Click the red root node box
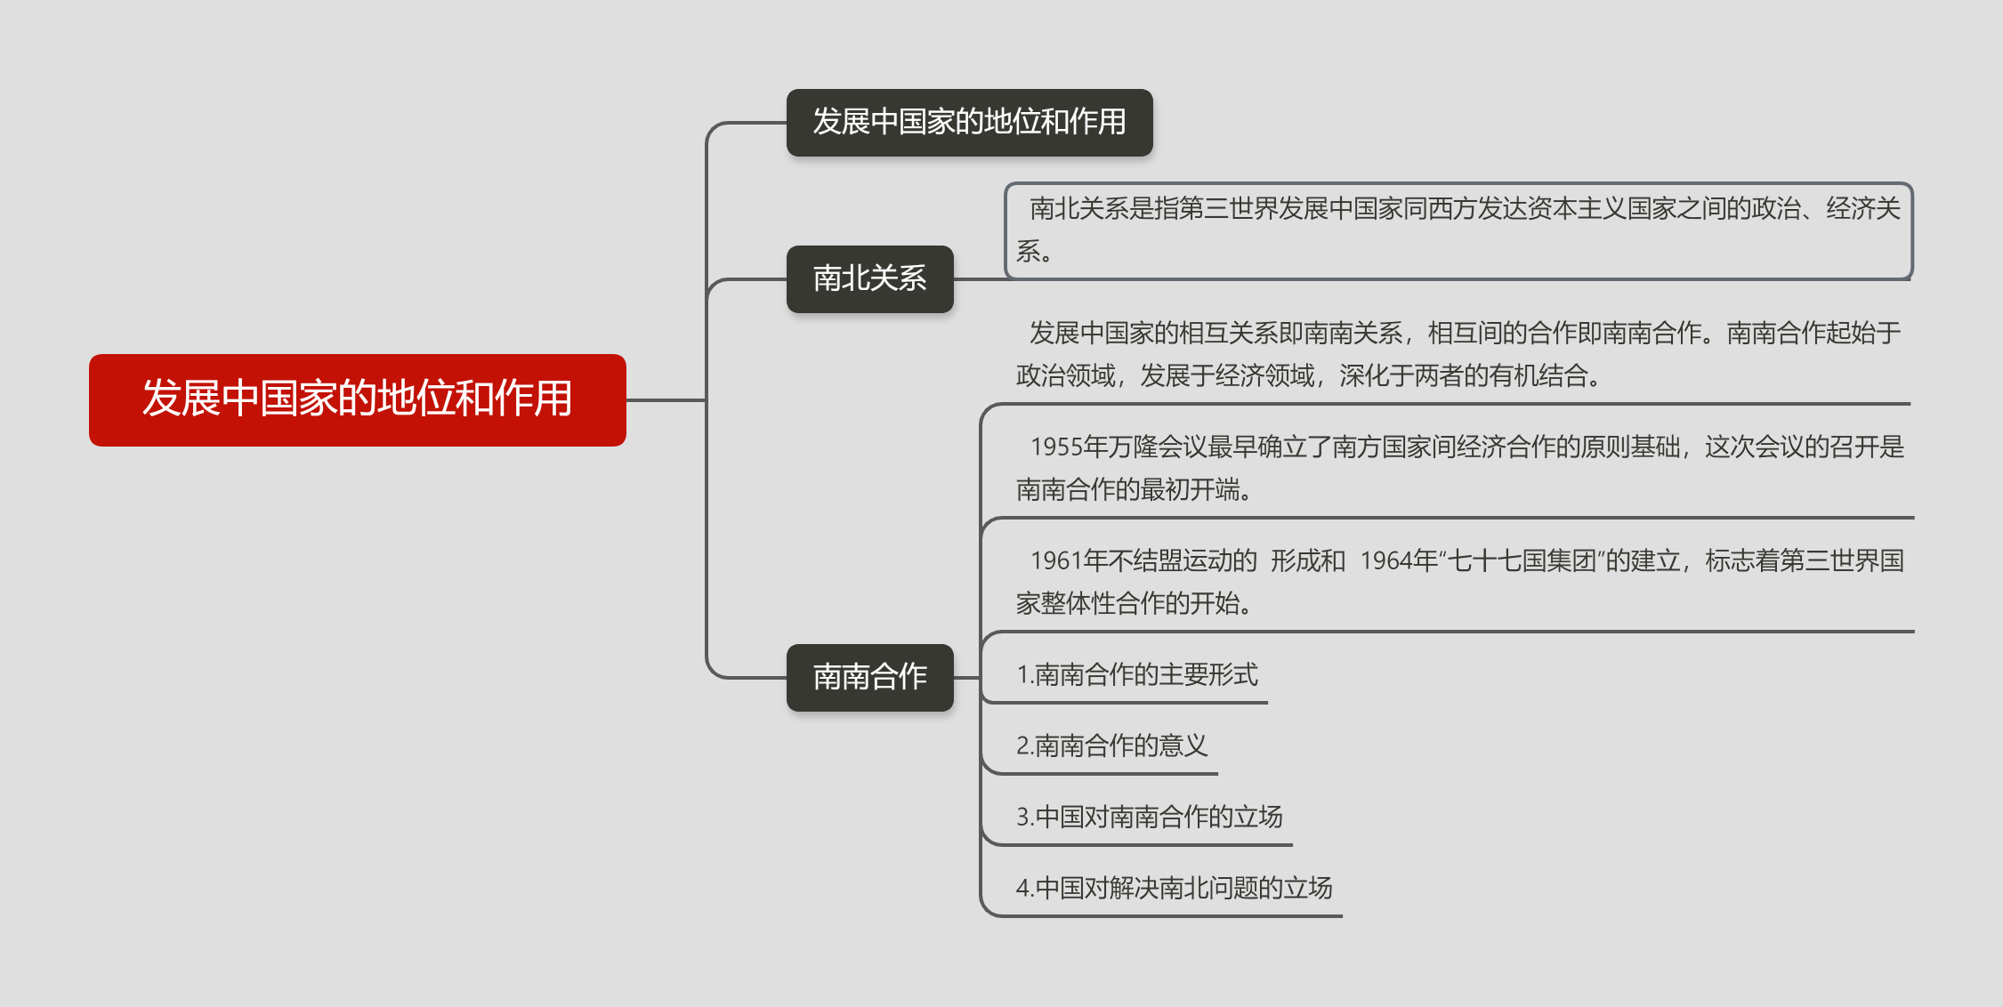pos(357,399)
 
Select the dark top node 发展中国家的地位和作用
pos(969,122)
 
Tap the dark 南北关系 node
pos(869,278)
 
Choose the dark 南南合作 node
pos(869,677)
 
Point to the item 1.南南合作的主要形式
pos(1136,675)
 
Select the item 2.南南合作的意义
pos(1111,745)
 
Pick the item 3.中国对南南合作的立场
pos(1149,817)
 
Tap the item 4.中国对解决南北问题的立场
pos(1174,888)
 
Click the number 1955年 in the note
pos(1068,447)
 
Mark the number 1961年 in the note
pos(1068,561)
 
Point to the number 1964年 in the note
pos(1399,561)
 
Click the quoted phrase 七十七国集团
pos(1522,561)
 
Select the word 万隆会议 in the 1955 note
pos(1157,447)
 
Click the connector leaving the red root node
pos(666,400)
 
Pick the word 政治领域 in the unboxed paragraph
pos(1065,376)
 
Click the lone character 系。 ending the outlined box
pos(1034,252)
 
